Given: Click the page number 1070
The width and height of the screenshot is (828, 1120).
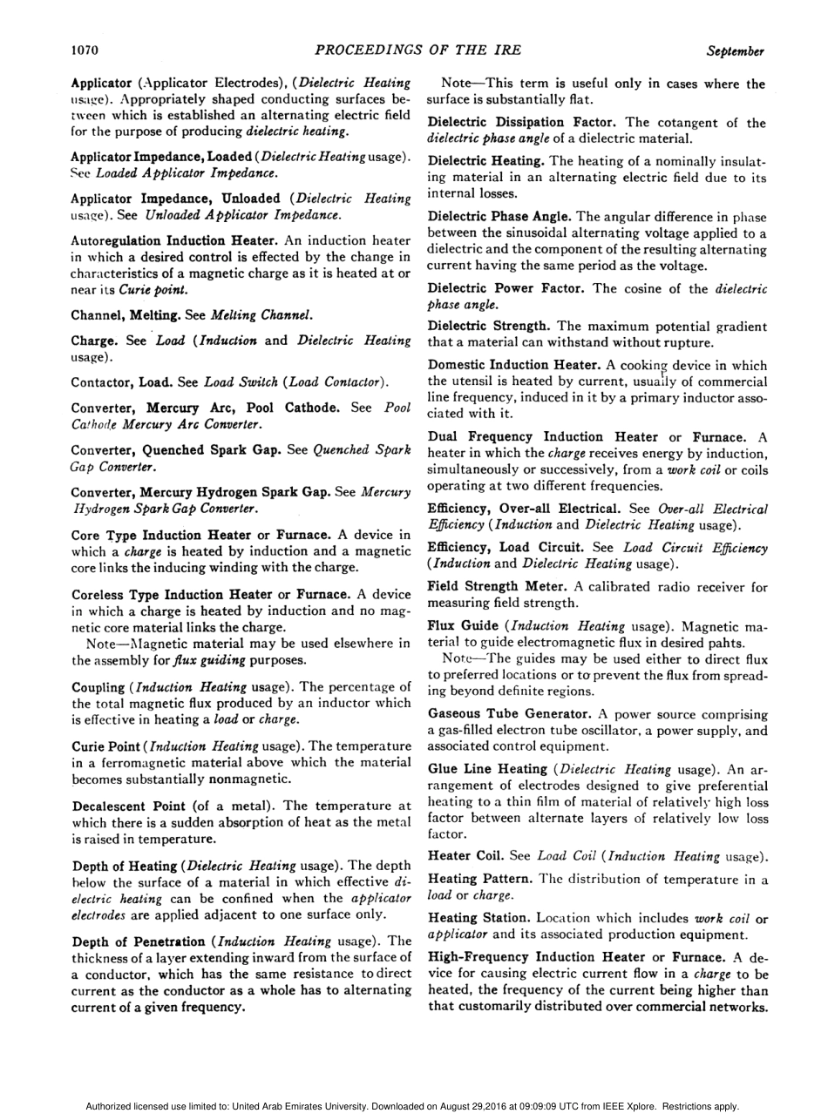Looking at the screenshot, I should (85, 51).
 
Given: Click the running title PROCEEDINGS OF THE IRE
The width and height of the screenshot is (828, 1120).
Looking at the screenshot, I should (414, 51).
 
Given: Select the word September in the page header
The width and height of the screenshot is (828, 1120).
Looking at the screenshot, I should (736, 51).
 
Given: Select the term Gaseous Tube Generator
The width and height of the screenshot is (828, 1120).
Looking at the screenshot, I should (510, 713).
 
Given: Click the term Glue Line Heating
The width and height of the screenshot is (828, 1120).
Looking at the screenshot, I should (487, 769).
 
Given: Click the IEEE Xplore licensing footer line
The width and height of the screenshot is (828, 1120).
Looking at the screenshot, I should (414, 1106).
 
